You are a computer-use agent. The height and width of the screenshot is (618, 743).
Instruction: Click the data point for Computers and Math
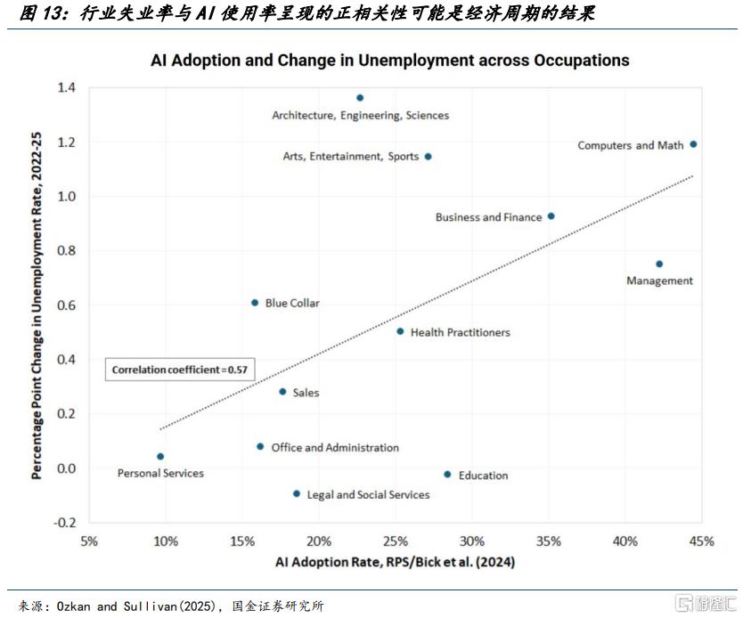coord(693,144)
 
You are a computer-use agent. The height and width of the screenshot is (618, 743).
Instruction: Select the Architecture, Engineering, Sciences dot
coord(360,98)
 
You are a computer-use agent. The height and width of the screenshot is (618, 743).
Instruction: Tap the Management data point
coord(659,264)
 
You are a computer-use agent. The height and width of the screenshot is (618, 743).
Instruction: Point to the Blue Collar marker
coord(255,303)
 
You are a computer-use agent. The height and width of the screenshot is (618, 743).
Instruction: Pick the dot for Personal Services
coord(160,457)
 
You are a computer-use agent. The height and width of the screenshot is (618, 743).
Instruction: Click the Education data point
coord(447,475)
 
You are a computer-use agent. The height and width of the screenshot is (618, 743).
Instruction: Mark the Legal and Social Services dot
coord(297,493)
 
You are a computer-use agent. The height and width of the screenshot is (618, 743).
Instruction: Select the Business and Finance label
coord(488,217)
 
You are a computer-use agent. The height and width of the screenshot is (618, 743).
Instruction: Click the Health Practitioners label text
coord(460,332)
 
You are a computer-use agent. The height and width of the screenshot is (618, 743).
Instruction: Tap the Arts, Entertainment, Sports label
coord(350,157)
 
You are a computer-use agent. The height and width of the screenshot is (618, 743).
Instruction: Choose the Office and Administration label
coord(335,448)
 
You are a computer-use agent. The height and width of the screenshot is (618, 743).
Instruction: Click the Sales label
coord(306,393)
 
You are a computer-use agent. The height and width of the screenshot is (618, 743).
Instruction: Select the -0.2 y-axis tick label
coord(64,523)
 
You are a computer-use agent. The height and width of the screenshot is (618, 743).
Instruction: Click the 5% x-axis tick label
coord(89,541)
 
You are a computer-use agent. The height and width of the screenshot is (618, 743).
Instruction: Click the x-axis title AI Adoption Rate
coord(395,563)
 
